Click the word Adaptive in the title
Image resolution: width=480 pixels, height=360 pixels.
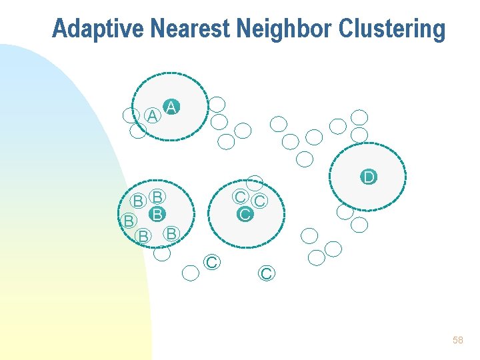point(99,29)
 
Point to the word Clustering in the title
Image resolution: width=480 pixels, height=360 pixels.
point(391,29)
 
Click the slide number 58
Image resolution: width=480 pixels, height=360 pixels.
point(457,340)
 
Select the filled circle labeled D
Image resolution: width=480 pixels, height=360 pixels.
point(369,177)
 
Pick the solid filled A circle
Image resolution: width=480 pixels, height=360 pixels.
point(171,107)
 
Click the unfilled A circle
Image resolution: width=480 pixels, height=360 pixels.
point(153,116)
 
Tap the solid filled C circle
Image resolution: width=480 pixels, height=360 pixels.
point(245,214)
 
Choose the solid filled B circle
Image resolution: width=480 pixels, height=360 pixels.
point(157,215)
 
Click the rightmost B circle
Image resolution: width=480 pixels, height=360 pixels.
point(171,233)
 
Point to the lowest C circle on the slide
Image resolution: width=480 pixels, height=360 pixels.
point(266,273)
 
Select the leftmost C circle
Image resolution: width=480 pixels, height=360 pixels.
point(211,262)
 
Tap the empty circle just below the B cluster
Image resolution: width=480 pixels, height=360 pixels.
point(161,253)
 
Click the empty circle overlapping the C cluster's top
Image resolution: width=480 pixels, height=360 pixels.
point(255,183)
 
